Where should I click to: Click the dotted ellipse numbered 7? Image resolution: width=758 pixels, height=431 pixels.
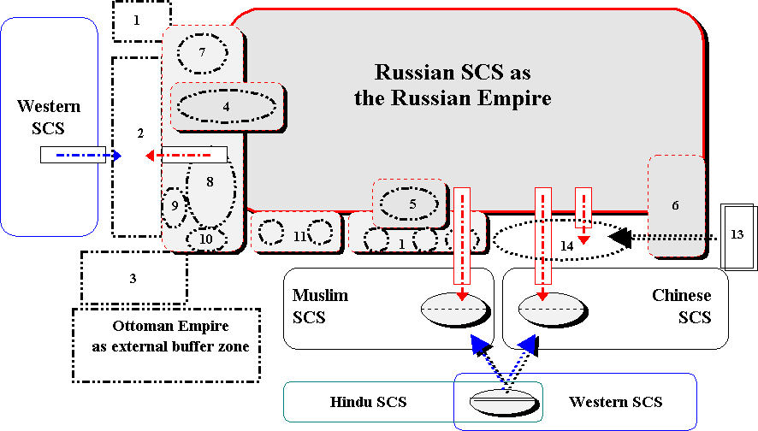pyautogui.click(x=203, y=53)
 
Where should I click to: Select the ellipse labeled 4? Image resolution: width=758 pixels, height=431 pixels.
pyautogui.click(x=227, y=107)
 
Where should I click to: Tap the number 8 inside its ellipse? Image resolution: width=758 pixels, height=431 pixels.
pyautogui.click(x=210, y=182)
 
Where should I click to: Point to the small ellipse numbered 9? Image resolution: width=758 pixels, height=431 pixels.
pyautogui.click(x=175, y=206)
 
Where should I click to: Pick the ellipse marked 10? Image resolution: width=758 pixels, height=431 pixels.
pyautogui.click(x=206, y=239)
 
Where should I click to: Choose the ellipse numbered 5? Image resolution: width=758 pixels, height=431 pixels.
pyautogui.click(x=412, y=204)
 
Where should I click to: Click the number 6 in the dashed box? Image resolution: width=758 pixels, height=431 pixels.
pyautogui.click(x=675, y=206)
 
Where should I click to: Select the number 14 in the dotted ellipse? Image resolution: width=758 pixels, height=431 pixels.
pyautogui.click(x=567, y=245)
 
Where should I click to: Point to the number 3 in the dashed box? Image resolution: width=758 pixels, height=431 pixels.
pyautogui.click(x=133, y=278)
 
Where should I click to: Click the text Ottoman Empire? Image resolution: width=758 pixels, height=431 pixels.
pyautogui.click(x=171, y=327)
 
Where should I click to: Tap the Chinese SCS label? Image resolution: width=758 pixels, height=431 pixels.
pyautogui.click(x=681, y=305)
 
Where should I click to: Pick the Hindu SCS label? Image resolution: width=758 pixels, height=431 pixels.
pyautogui.click(x=369, y=402)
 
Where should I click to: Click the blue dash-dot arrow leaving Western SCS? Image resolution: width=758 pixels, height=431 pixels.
pyautogui.click(x=82, y=156)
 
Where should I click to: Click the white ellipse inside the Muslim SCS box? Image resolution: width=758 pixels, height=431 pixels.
pyautogui.click(x=455, y=309)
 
